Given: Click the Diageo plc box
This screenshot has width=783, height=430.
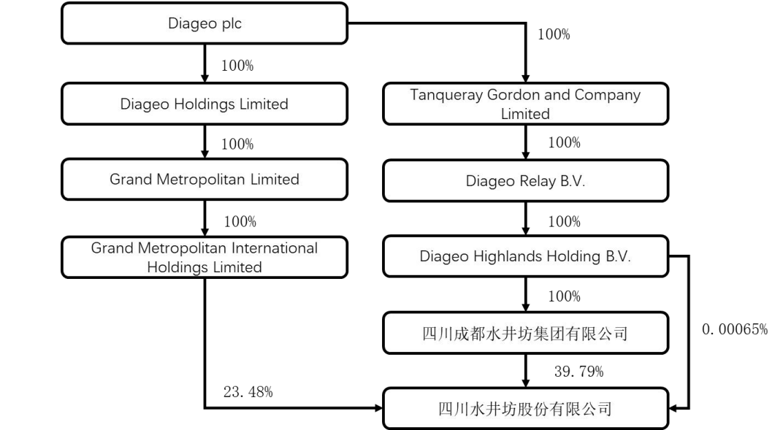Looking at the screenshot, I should coord(204,24).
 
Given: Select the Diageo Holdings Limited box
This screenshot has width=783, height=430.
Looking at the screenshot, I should coord(204,104).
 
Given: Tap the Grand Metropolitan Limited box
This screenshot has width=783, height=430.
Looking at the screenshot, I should coord(204,179).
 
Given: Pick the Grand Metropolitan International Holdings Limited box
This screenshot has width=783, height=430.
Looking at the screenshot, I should coord(204,257).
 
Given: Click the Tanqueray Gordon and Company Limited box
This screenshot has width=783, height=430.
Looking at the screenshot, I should coord(525,104).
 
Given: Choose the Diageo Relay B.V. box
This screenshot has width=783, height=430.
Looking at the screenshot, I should coord(525,182).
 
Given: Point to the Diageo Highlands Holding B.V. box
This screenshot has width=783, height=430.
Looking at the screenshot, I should coord(525,257).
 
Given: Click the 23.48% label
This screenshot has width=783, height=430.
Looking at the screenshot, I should coord(248,392).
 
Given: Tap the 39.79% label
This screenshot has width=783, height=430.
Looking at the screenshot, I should coord(578,372).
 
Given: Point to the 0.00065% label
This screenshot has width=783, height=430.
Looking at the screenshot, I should coord(735,329).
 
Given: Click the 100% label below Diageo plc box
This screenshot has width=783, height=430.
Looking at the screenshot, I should coord(237,66).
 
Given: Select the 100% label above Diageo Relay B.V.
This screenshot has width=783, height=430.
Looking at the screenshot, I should coord(564,143).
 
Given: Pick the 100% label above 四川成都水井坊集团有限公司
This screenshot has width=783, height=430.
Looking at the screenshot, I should coord(564,296).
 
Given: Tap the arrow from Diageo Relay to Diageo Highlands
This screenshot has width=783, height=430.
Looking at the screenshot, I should coord(525,220).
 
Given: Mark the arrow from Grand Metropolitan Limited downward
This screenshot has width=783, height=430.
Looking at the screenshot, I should coord(204,218).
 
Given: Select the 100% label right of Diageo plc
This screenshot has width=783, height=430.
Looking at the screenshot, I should coord(554,34).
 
